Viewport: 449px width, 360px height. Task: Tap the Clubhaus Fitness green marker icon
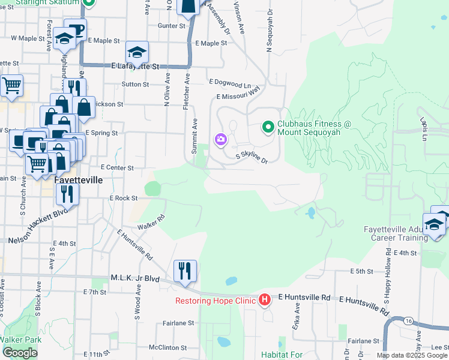click(268, 127)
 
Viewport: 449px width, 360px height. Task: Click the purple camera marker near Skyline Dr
click(220, 140)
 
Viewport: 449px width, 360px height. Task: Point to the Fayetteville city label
click(78, 179)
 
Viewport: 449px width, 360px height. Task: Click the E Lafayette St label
click(134, 67)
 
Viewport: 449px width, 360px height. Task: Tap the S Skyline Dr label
click(251, 157)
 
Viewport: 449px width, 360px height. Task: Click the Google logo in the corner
click(20, 353)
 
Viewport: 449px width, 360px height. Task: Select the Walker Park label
click(21, 340)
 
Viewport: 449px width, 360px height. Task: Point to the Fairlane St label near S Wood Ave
click(178, 323)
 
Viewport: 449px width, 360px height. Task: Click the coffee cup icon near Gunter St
click(76, 29)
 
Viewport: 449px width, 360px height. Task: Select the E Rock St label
click(124, 198)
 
